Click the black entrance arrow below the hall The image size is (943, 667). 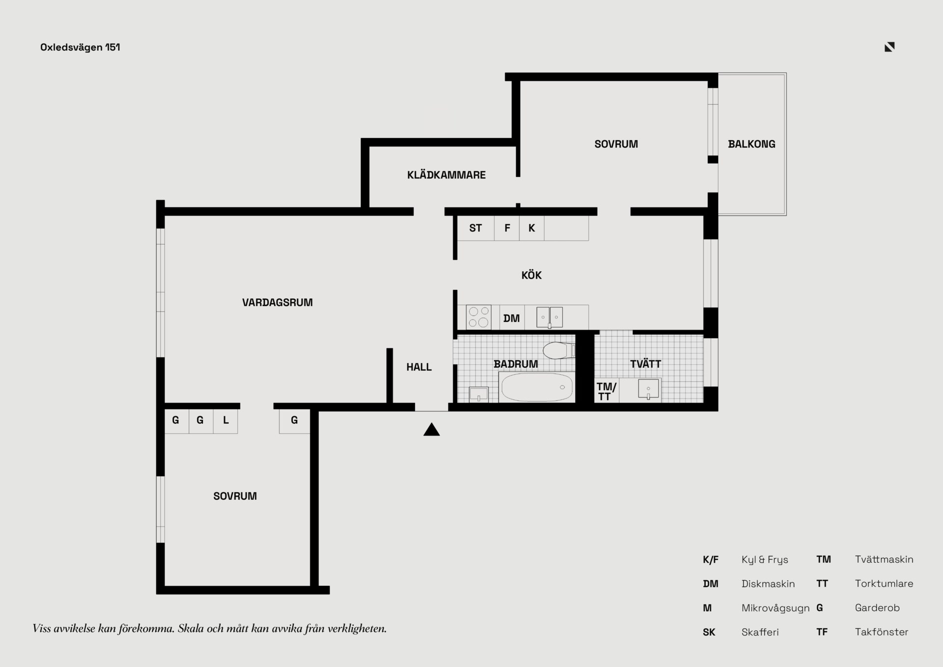coord(432,430)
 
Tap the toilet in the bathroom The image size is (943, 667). coord(559,350)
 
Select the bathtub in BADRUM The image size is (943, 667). coord(537,387)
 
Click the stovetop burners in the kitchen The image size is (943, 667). coord(478,317)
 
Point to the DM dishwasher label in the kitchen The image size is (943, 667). coord(511,319)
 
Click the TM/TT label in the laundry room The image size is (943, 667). coord(606,392)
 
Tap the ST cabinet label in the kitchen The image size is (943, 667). coord(475,228)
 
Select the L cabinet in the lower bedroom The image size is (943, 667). coord(226,421)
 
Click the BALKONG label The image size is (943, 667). coord(751,145)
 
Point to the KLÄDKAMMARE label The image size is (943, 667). coord(446,175)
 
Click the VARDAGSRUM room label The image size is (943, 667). coord(277,303)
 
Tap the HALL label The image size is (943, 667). coord(419,367)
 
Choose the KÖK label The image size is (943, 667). coord(531,275)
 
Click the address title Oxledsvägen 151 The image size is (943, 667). coord(80,48)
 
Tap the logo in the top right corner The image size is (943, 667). coord(889,47)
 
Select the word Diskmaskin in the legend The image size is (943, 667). coord(768,584)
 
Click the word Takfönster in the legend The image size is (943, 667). coord(882,632)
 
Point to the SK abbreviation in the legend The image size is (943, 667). coord(709,633)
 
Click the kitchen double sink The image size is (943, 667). coord(550,318)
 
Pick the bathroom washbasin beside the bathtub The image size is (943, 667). coord(478,394)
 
